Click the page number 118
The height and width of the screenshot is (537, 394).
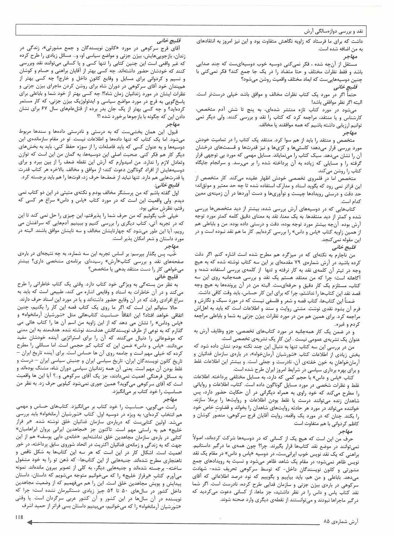21,517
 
